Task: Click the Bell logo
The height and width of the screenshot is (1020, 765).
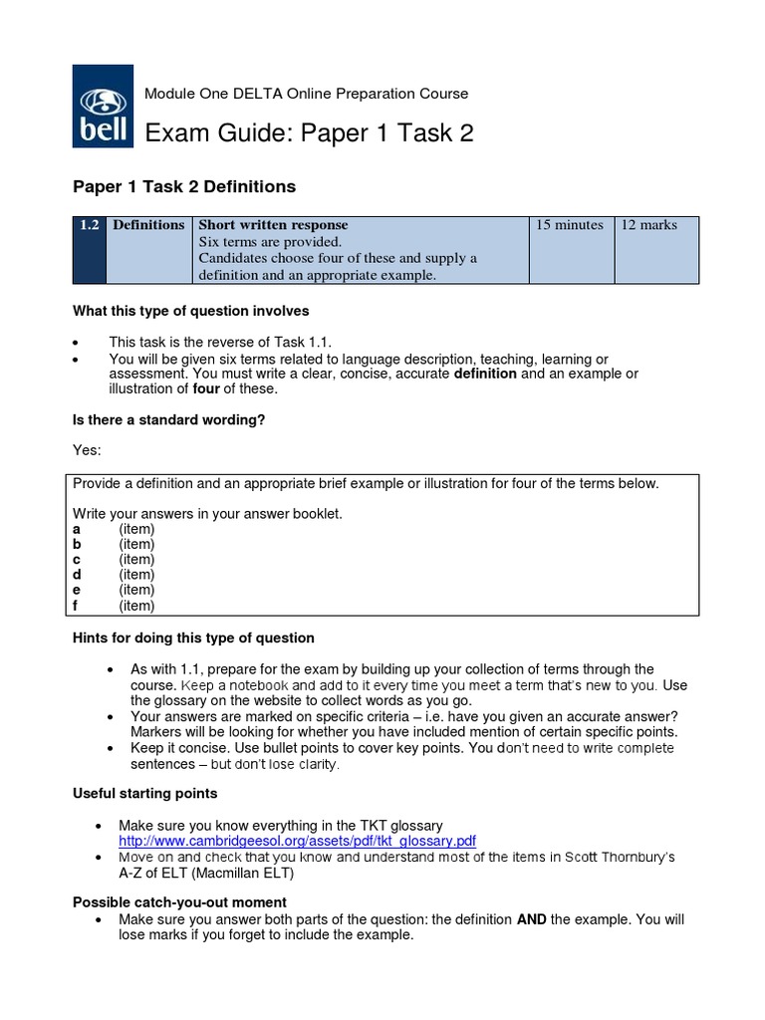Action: [x=102, y=107]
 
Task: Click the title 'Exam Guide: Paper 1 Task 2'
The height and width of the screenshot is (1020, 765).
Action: [x=310, y=133]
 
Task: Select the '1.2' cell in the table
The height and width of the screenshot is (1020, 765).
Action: [x=89, y=225]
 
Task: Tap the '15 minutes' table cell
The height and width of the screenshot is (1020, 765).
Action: [x=569, y=225]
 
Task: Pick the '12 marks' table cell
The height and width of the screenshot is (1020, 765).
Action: [x=648, y=225]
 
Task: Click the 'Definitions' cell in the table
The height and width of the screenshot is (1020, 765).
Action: [x=148, y=225]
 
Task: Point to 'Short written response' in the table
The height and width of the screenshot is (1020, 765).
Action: [x=273, y=225]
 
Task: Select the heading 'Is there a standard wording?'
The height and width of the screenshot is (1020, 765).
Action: [x=169, y=419]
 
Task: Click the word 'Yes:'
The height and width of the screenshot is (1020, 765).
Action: [x=87, y=450]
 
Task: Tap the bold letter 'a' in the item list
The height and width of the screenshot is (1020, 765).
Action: [x=77, y=529]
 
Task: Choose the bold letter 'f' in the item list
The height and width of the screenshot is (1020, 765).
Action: [x=76, y=606]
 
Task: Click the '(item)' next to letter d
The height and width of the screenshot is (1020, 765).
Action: [x=136, y=575]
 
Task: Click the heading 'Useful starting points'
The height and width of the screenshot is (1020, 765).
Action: [x=145, y=794]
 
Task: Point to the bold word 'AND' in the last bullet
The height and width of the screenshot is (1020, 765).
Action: [x=531, y=919]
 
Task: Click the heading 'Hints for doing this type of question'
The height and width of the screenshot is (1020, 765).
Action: [x=194, y=637]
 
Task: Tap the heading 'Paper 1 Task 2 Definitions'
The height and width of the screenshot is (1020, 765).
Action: [x=184, y=186]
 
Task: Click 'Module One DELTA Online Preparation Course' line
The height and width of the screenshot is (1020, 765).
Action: [x=307, y=94]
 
